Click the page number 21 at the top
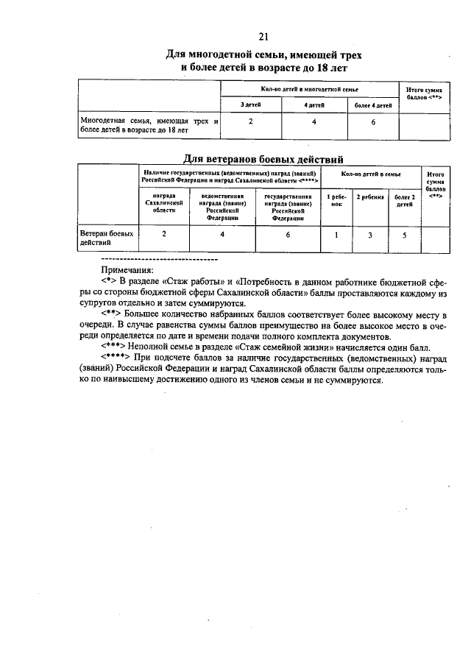pos(263,37)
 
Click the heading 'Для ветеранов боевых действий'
pos(263,158)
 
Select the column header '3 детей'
pos(251,105)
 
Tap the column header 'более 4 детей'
pos(372,105)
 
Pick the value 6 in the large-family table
pos(372,122)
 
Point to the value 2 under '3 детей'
pos(251,122)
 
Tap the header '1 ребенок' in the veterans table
pos(336,200)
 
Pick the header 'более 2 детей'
pos(404,200)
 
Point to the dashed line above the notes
pos(158,260)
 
